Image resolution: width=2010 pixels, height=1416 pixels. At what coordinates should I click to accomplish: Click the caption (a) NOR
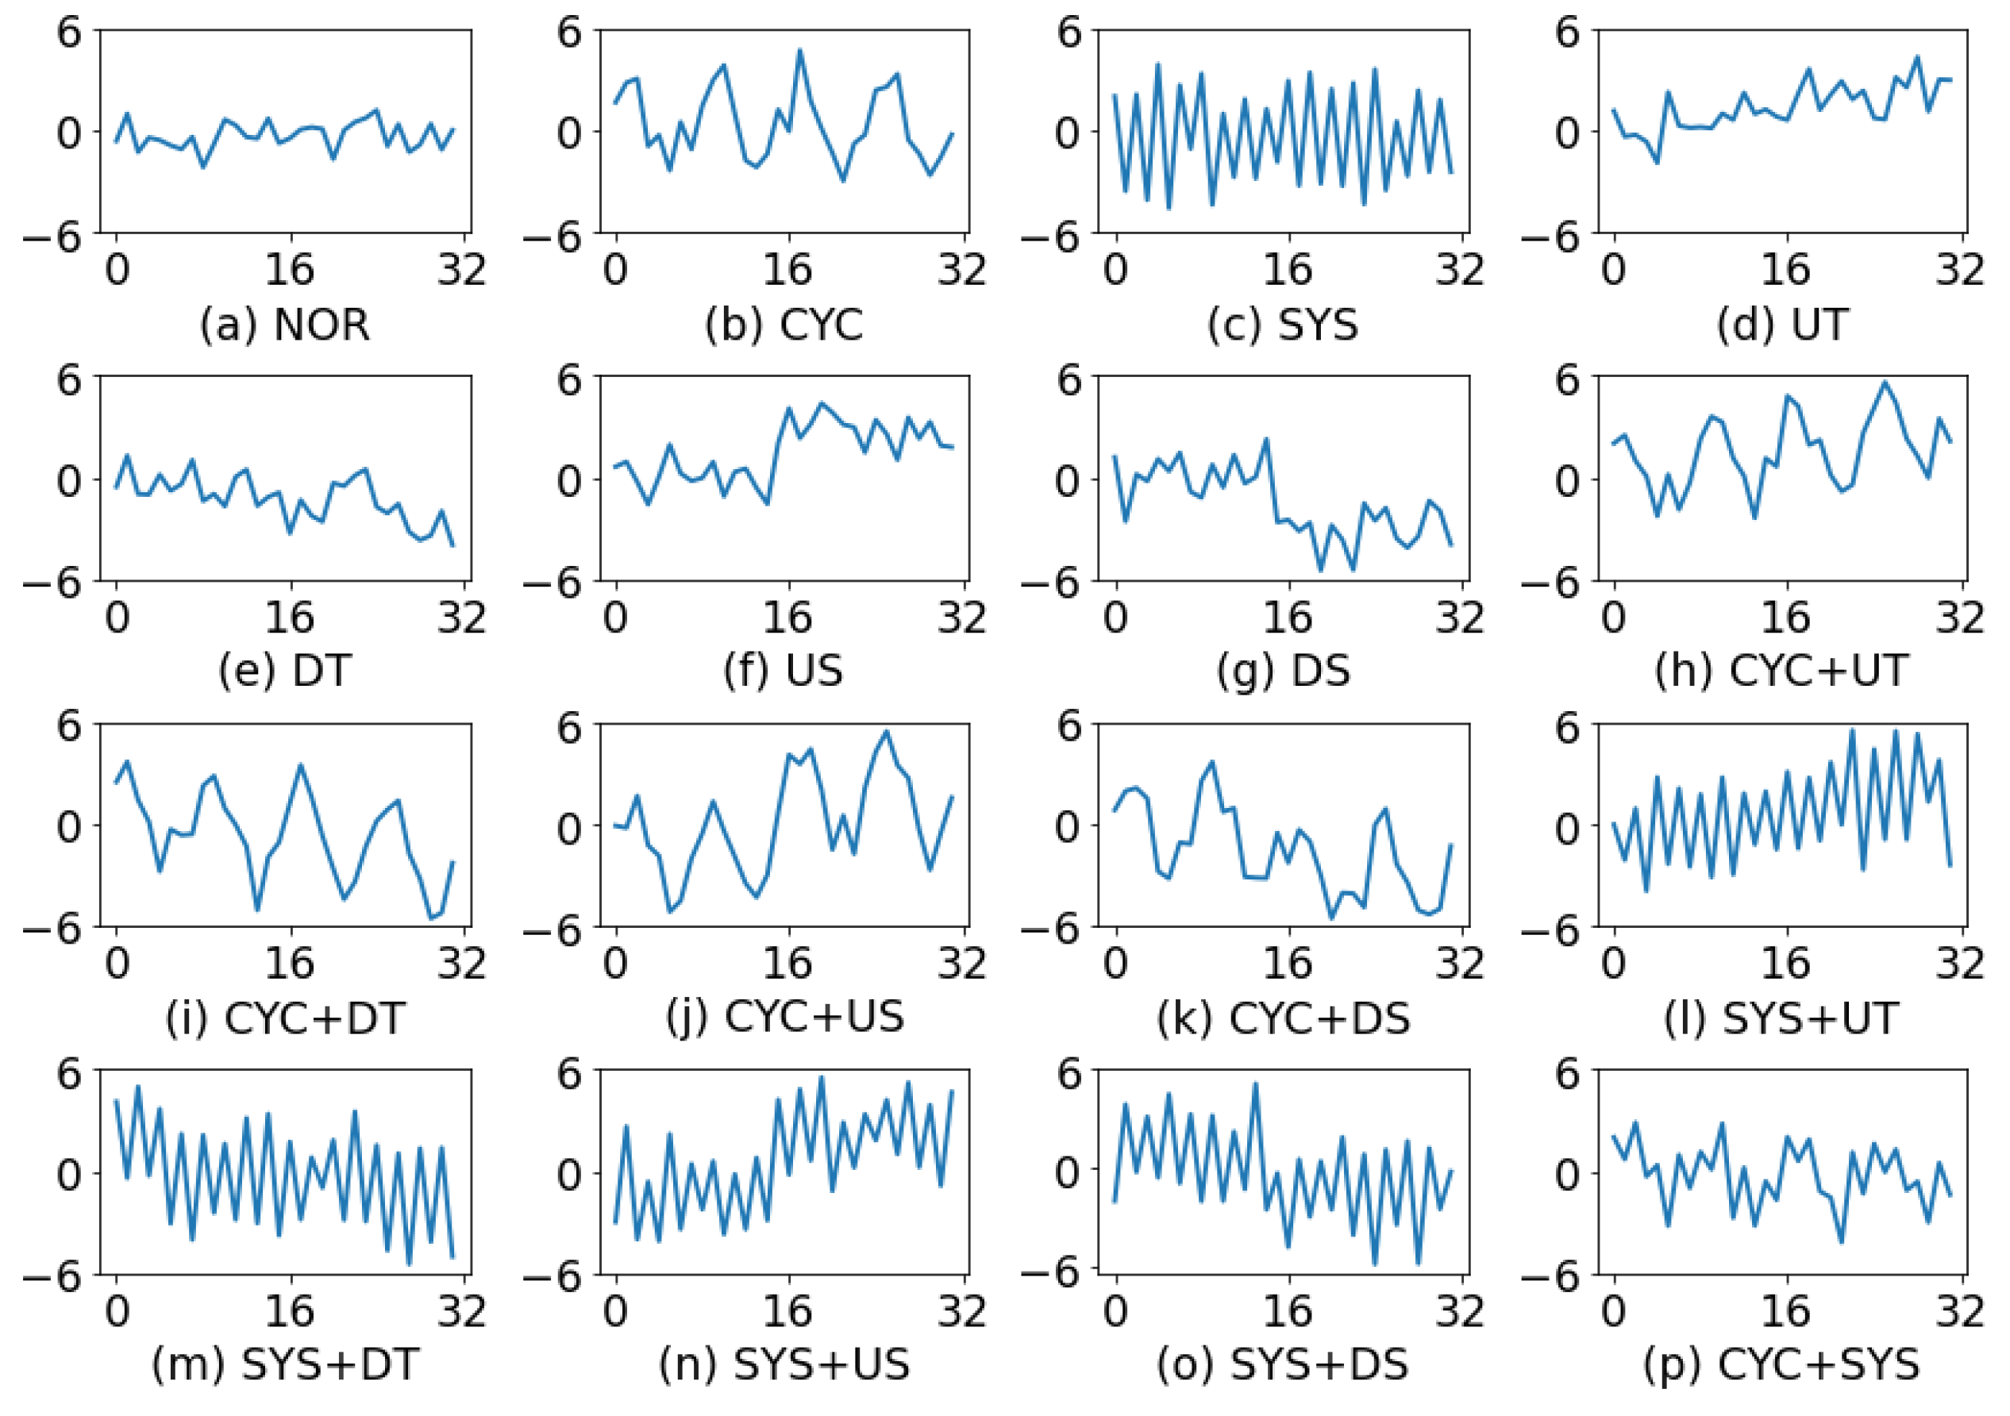pyautogui.click(x=284, y=325)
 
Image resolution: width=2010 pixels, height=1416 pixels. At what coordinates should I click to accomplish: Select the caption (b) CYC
pyautogui.click(x=784, y=325)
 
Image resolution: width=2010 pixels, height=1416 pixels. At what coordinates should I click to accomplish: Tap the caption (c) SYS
pyautogui.click(x=1283, y=325)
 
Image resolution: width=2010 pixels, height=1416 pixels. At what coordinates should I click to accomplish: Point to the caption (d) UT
pyautogui.click(x=1782, y=325)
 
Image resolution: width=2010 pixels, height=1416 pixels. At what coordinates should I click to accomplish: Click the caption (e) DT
pyautogui.click(x=284, y=671)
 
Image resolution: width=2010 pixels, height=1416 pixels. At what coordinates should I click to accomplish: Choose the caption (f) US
pyautogui.click(x=784, y=671)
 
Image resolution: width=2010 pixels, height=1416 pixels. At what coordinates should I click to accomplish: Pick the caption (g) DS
pyautogui.click(x=1283, y=671)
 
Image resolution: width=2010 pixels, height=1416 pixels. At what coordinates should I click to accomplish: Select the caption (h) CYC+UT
pyautogui.click(x=1782, y=671)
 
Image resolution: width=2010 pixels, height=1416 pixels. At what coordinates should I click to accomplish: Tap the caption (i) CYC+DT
pyautogui.click(x=284, y=1018)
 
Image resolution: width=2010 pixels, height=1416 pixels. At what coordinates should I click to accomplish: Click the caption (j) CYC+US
pyautogui.click(x=784, y=1018)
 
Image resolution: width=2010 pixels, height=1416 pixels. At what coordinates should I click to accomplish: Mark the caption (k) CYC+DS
pyautogui.click(x=1283, y=1018)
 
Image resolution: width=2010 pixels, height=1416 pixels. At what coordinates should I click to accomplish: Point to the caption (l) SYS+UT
pyautogui.click(x=1782, y=1018)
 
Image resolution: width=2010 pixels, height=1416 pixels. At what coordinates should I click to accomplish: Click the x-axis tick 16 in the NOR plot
pyautogui.click(x=290, y=270)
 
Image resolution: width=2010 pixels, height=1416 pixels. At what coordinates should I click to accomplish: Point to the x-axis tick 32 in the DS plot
pyautogui.click(x=1459, y=618)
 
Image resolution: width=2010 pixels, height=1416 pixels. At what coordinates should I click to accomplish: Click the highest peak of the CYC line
pyautogui.click(x=799, y=50)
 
